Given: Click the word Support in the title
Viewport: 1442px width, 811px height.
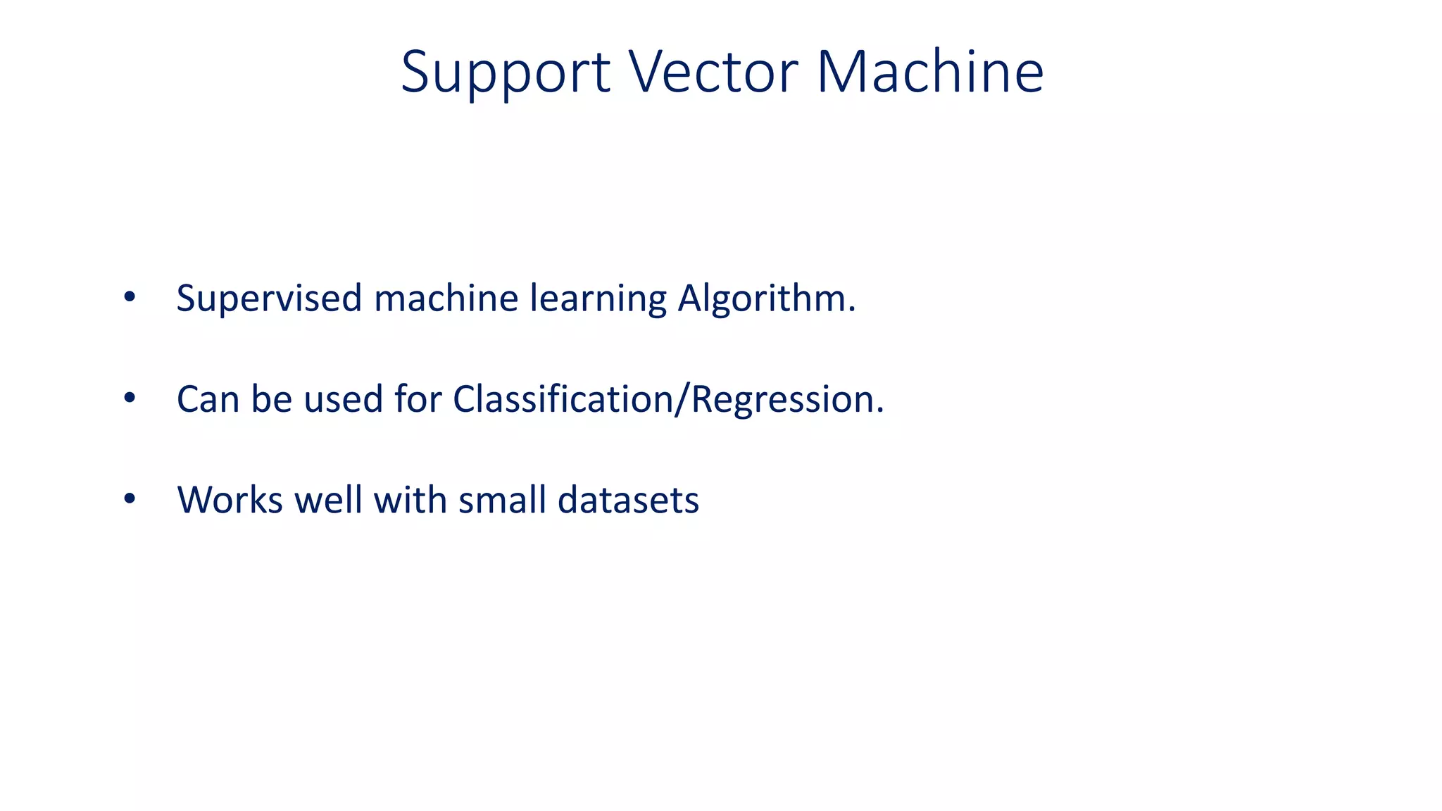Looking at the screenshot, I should (x=505, y=72).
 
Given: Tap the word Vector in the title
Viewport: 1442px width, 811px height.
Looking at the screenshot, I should (x=713, y=72).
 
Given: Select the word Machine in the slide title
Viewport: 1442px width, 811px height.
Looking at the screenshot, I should (x=929, y=72).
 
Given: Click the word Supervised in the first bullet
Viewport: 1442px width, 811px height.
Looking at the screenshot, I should (x=269, y=298).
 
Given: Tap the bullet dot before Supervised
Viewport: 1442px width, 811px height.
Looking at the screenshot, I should (x=129, y=297).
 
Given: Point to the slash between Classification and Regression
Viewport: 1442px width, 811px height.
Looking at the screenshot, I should (x=679, y=399).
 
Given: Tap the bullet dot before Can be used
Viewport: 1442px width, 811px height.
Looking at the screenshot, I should (x=129, y=398).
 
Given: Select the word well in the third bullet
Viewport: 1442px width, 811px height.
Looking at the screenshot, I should (x=328, y=501).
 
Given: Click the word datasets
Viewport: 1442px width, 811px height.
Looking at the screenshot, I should (x=628, y=501).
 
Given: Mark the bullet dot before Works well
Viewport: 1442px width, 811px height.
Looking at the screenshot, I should (x=129, y=499).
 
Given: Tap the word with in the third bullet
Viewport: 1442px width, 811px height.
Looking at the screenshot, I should (x=410, y=501).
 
